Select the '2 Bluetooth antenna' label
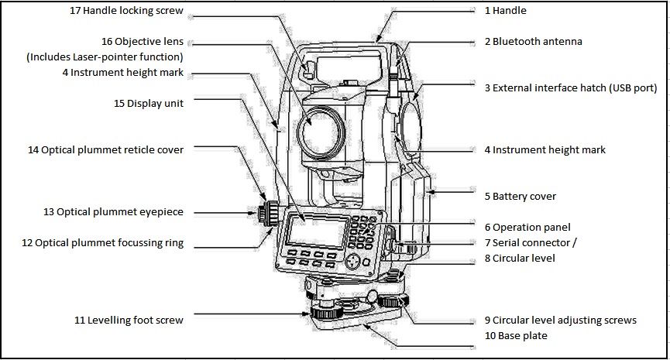533,41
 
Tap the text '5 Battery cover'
520,197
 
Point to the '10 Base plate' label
516,335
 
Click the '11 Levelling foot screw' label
129,319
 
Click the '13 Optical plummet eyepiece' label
113,211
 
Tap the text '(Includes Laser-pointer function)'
105,57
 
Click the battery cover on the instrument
418,190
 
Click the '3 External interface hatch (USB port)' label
570,88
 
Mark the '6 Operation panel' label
527,227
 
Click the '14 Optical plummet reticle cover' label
105,149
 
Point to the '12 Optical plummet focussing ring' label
102,242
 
